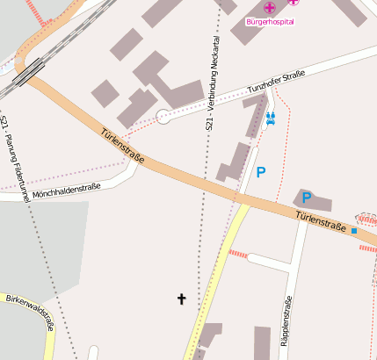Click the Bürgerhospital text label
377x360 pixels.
(x=270, y=22)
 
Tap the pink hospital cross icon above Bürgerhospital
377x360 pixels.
(x=269, y=8)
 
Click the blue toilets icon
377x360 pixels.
(x=271, y=117)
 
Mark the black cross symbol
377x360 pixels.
(x=182, y=299)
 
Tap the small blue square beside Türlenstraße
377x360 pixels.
(x=354, y=230)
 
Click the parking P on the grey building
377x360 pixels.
(x=308, y=198)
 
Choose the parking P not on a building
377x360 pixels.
(x=260, y=172)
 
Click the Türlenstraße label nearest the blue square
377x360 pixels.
(x=320, y=221)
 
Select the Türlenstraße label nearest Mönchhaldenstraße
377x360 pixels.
(x=122, y=148)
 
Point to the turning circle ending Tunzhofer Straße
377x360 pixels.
(x=163, y=116)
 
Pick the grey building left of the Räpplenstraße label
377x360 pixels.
(x=263, y=342)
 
